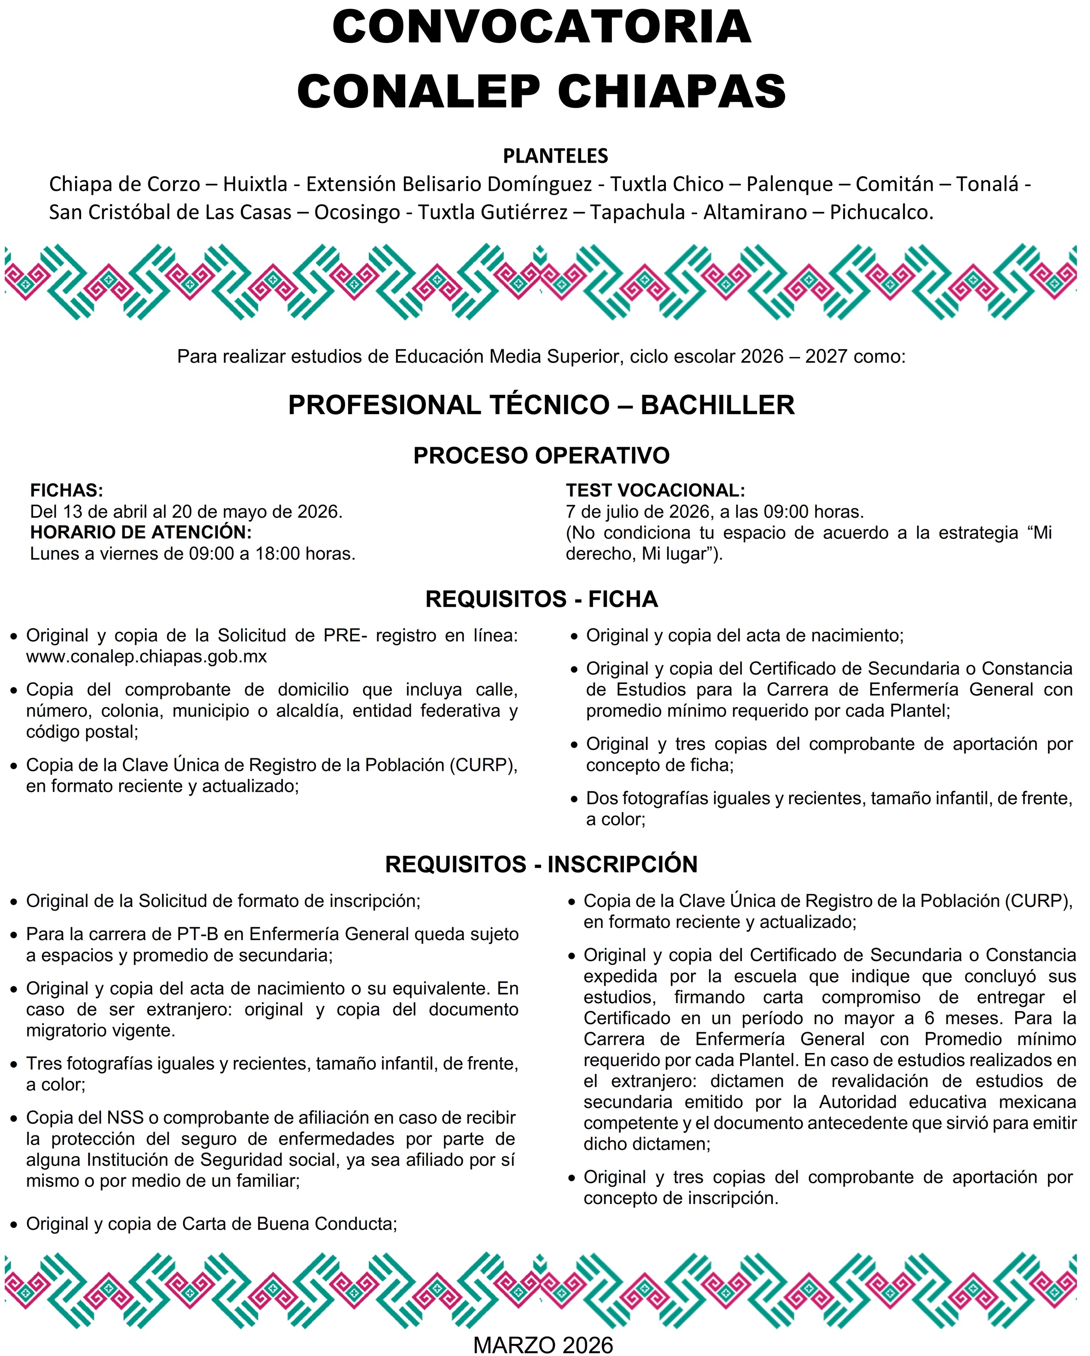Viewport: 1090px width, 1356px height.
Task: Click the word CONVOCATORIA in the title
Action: pos(542,27)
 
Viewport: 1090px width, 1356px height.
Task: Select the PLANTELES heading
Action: pos(555,155)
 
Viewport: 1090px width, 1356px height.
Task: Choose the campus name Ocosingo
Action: pos(356,212)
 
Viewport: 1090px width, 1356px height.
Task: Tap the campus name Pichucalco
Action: pos(881,212)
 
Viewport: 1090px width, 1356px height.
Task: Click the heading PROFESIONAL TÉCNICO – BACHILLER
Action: pos(541,404)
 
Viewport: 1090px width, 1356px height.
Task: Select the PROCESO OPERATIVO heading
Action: pos(541,456)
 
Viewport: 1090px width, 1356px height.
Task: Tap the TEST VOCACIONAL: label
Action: pos(655,490)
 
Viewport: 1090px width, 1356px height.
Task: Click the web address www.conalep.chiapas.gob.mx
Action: pos(146,657)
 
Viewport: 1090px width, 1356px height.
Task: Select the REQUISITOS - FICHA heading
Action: pos(542,599)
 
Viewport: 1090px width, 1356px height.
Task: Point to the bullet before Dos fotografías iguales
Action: pos(574,800)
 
